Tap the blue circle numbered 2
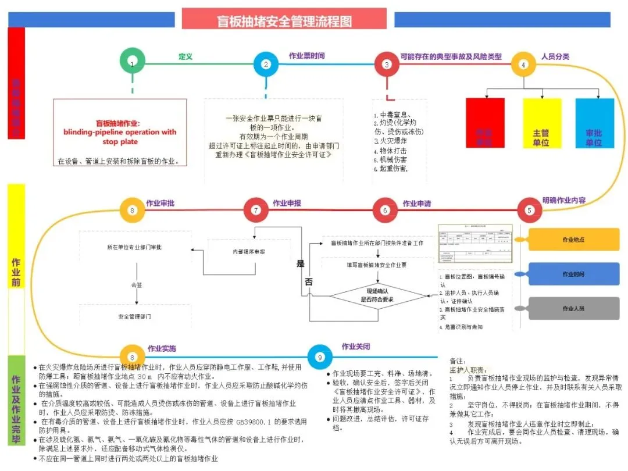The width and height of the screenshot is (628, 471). click(266, 64)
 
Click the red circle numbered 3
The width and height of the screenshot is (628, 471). click(387, 65)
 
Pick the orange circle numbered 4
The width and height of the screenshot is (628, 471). click(523, 65)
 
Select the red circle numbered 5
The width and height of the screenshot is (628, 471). click(529, 210)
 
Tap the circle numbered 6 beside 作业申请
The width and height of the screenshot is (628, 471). click(385, 210)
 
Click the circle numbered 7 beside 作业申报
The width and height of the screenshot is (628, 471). click(256, 210)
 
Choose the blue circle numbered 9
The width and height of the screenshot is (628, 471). click(319, 358)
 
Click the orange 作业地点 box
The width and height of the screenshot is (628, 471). click(573, 240)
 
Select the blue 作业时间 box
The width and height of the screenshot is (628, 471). click(573, 274)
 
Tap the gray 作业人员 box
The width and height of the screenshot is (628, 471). click(573, 308)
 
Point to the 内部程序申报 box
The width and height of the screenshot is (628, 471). click(245, 252)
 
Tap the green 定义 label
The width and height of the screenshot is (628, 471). click(185, 57)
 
